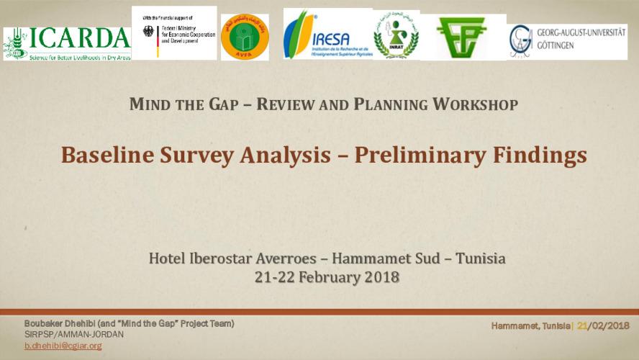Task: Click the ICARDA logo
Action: (67, 43)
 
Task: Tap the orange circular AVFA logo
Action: (245, 37)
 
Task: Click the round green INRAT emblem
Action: (396, 36)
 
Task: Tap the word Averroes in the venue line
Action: (285, 258)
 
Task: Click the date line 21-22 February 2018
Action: (327, 276)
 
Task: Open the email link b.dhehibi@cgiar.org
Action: (63, 346)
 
